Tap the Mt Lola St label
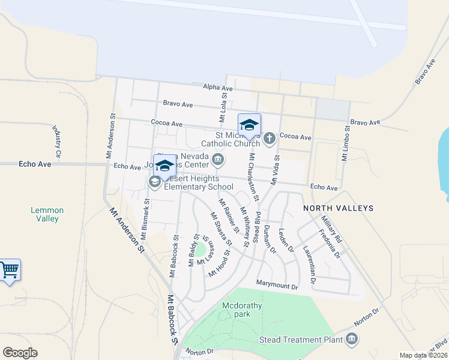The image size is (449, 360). [223, 104]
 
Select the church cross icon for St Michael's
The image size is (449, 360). [270, 139]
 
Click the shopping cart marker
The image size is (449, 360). [10, 270]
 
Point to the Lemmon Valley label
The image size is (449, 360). [45, 214]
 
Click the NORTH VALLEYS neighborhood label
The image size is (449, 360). [338, 208]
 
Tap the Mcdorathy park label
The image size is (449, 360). [242, 310]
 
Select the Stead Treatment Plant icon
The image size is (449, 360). [352, 340]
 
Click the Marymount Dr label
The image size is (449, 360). [277, 287]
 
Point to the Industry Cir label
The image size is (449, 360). [57, 142]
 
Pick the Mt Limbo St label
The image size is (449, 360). [345, 144]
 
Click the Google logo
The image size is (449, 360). [20, 353]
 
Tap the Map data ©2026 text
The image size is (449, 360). [423, 355]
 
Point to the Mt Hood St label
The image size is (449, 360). [220, 265]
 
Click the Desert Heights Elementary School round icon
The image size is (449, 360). [155, 182]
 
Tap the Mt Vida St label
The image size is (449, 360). [275, 170]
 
